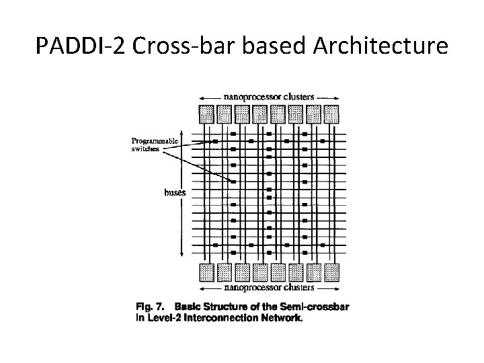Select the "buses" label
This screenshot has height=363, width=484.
175,192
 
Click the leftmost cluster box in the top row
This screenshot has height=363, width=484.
207,112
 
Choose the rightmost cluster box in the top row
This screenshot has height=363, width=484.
331,112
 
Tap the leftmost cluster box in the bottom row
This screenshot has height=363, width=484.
207,272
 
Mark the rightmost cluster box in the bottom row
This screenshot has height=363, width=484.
331,272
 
